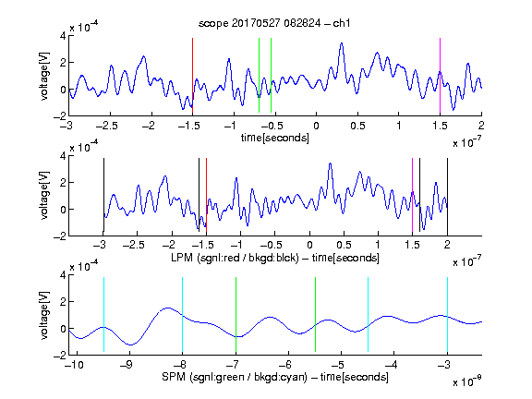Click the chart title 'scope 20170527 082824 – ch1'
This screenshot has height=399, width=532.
click(274, 23)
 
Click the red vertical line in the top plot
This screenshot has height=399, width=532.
click(192, 76)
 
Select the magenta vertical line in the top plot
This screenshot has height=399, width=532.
click(440, 76)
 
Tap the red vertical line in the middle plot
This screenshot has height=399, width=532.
click(206, 195)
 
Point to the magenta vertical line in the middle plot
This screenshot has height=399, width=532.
click(412, 195)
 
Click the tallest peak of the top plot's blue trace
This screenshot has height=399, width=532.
click(342, 43)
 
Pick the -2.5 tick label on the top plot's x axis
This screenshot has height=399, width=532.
click(107, 126)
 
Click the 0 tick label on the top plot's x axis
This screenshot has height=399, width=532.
click(316, 126)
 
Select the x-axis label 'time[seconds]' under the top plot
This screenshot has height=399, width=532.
click(275, 138)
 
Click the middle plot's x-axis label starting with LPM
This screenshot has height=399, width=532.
click(275, 258)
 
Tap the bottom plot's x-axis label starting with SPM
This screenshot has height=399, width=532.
click(275, 377)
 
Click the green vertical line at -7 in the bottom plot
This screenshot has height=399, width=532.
click(236, 315)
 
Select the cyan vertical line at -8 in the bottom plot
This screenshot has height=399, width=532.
click(183, 315)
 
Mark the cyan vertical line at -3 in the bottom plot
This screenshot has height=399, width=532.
click(448, 315)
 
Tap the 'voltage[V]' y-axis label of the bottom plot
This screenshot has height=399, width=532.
click(44, 315)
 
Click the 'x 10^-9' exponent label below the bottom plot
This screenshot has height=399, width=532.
click(467, 381)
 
